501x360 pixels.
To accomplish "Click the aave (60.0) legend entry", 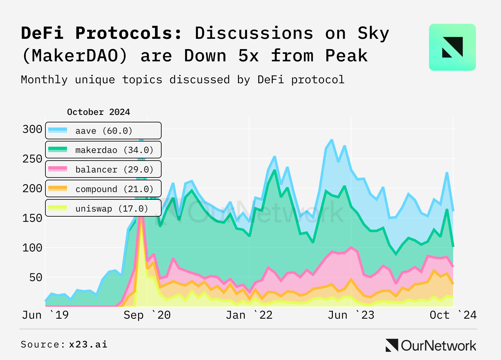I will click(x=103, y=131).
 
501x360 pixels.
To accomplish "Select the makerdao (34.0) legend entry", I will click(x=103, y=150).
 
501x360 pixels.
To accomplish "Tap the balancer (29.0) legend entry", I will click(x=103, y=169).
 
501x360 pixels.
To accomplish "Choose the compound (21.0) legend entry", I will click(x=103, y=189).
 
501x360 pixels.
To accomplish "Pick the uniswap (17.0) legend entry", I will click(x=103, y=208).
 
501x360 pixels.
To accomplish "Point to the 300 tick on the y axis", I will click(x=32, y=129).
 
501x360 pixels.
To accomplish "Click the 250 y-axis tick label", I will click(x=32, y=159).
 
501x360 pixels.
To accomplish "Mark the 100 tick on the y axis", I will click(x=32, y=248).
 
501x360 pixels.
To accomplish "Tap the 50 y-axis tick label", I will click(x=35, y=277).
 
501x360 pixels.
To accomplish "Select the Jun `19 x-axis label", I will click(x=45, y=315).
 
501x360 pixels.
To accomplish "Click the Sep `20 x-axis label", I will click(x=147, y=315).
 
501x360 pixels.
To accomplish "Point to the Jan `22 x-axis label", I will click(x=249, y=315).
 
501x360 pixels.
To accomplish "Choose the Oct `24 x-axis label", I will click(x=453, y=315).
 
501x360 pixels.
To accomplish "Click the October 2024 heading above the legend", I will click(x=98, y=112).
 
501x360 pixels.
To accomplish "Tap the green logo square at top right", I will click(x=452, y=47).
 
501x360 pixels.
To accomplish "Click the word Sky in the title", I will click(x=373, y=33).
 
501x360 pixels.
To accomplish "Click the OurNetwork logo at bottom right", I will click(x=431, y=345).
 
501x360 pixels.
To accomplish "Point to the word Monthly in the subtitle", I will click(x=44, y=80).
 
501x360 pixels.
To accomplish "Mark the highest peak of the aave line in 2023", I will click(x=332, y=140).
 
